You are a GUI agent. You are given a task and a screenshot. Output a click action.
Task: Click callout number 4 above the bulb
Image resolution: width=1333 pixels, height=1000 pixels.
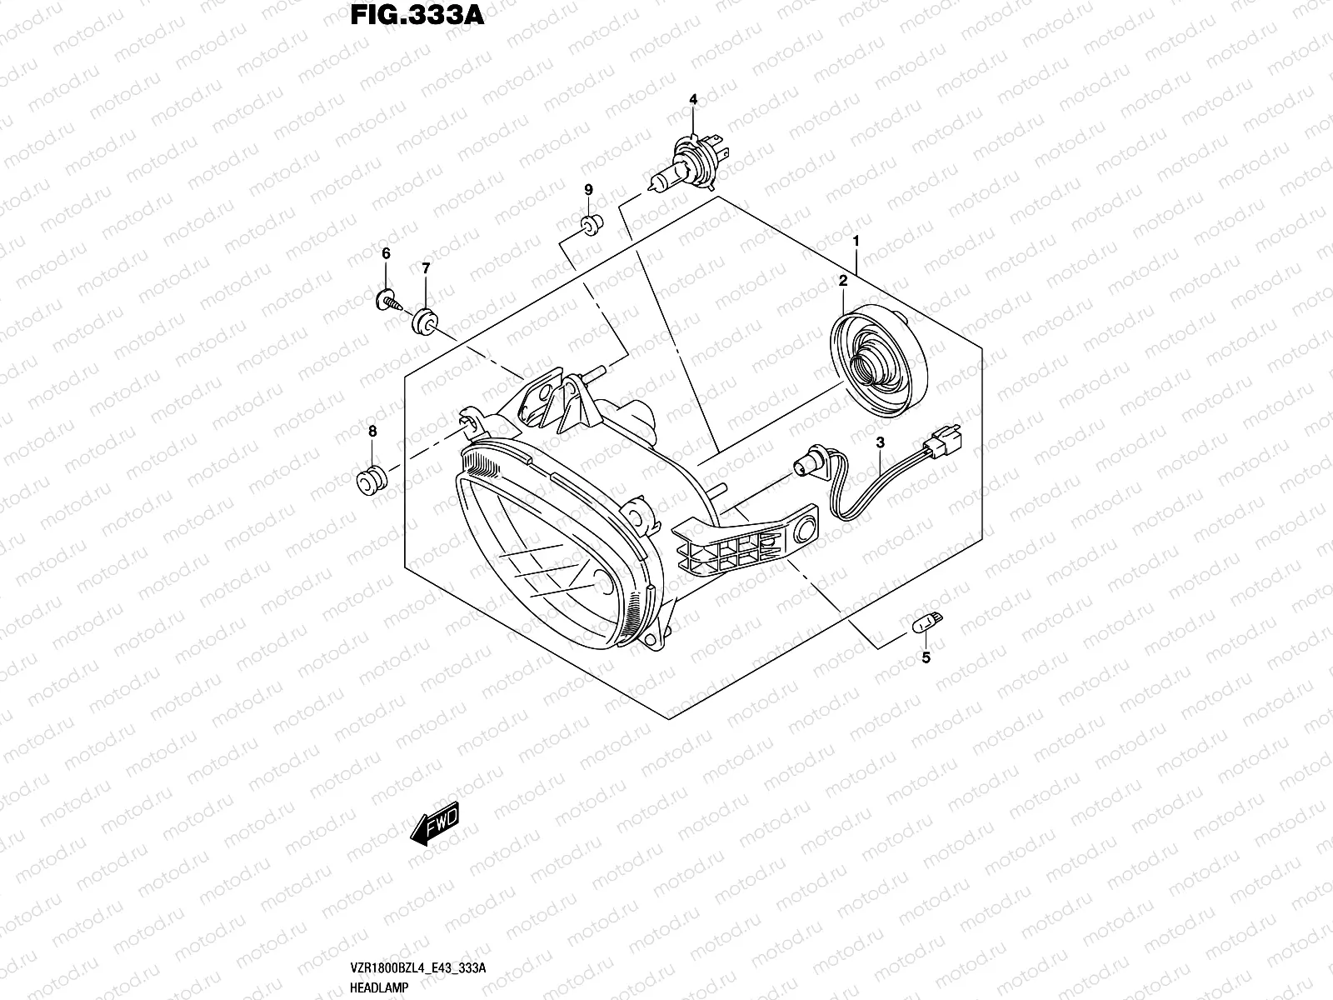692,100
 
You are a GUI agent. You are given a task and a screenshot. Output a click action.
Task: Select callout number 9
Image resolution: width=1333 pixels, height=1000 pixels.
588,191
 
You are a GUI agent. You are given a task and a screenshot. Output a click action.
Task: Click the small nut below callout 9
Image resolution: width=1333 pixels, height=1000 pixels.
591,224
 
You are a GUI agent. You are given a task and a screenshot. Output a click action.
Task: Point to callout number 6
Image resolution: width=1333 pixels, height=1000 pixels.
386,253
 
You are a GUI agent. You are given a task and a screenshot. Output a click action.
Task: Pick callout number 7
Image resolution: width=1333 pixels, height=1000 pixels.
426,268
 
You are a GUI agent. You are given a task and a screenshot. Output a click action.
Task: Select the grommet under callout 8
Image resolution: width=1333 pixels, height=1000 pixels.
370,481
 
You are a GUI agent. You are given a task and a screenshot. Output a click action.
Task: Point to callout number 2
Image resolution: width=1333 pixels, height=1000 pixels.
842,282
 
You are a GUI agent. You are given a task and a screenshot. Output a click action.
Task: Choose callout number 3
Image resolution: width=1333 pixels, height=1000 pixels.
880,443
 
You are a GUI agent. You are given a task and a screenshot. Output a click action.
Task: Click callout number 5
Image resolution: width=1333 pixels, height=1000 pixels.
925,658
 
